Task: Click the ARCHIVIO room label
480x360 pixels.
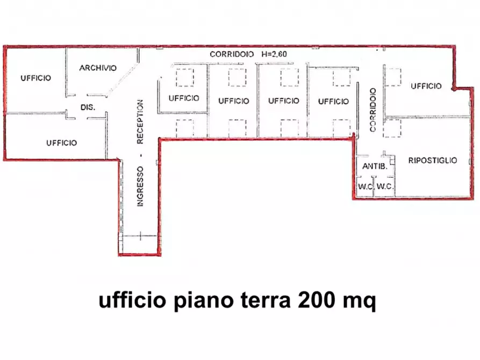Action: pos(98,68)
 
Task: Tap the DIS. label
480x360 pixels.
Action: pos(88,107)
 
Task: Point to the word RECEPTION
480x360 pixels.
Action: pos(140,122)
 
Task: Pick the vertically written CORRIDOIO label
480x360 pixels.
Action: pos(372,110)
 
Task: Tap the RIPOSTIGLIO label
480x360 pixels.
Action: pos(432,160)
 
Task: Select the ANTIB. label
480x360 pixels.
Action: pos(375,167)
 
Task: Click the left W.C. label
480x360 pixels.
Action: pos(366,186)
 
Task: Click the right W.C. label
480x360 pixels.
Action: pos(384,186)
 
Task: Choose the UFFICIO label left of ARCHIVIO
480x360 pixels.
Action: pos(36,78)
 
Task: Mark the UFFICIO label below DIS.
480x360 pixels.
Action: pos(61,143)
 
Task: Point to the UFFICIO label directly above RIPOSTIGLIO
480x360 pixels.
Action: pos(426,86)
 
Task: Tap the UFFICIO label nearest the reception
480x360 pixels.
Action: pos(184,98)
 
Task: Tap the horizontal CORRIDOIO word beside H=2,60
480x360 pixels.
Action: pos(231,54)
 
